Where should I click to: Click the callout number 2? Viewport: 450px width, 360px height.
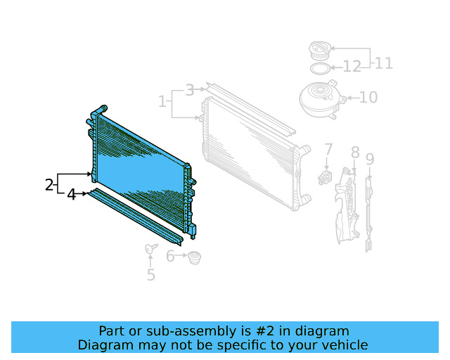point(49,185)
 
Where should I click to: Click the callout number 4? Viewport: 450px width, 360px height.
point(72,194)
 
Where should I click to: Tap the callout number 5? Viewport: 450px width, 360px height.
point(151,275)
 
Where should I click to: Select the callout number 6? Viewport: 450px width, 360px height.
point(171,257)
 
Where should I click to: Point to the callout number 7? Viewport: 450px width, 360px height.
point(328,150)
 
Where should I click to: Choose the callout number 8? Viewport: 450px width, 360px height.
point(355,153)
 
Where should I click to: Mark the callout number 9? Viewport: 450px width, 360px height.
point(370,160)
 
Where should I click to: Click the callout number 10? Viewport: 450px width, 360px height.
point(368,97)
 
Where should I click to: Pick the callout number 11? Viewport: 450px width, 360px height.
point(383,63)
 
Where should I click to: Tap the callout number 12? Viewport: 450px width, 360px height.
point(352,67)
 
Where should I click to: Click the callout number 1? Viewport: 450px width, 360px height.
point(162,102)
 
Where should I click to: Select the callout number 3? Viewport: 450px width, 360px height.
point(189,90)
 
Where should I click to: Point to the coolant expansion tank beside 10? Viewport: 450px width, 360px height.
point(320,98)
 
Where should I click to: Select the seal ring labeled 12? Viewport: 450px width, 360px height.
point(320,68)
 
